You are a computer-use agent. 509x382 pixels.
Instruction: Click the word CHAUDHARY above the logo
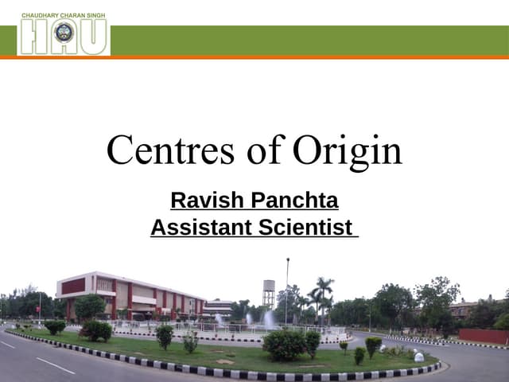click(40, 15)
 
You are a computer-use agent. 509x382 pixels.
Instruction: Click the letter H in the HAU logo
click(32, 37)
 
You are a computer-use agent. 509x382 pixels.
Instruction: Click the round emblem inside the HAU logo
click(64, 33)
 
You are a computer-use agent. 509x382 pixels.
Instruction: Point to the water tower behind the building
click(269, 293)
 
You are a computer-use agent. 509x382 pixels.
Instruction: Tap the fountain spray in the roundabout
click(268, 319)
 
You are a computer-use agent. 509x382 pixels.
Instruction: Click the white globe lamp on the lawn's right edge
click(419, 357)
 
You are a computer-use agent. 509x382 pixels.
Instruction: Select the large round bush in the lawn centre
click(283, 345)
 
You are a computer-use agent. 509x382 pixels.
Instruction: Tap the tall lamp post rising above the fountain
click(287, 286)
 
